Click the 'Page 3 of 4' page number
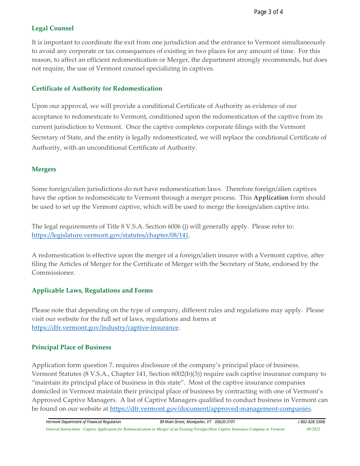(268, 12)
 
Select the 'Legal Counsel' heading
(53, 28)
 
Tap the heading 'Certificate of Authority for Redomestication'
(97, 89)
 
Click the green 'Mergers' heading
(44, 169)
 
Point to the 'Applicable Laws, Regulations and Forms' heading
(92, 291)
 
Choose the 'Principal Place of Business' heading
(71, 347)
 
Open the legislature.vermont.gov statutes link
(110, 235)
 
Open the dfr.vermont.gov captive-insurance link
(105, 328)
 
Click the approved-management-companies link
(210, 409)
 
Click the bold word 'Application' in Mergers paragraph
(271, 198)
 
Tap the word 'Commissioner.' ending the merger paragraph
(53, 273)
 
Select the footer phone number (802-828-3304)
(311, 422)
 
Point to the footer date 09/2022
(313, 429)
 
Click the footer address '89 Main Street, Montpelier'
(183, 422)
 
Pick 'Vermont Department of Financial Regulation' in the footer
(83, 422)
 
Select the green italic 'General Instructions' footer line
(165, 429)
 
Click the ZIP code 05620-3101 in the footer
(225, 422)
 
